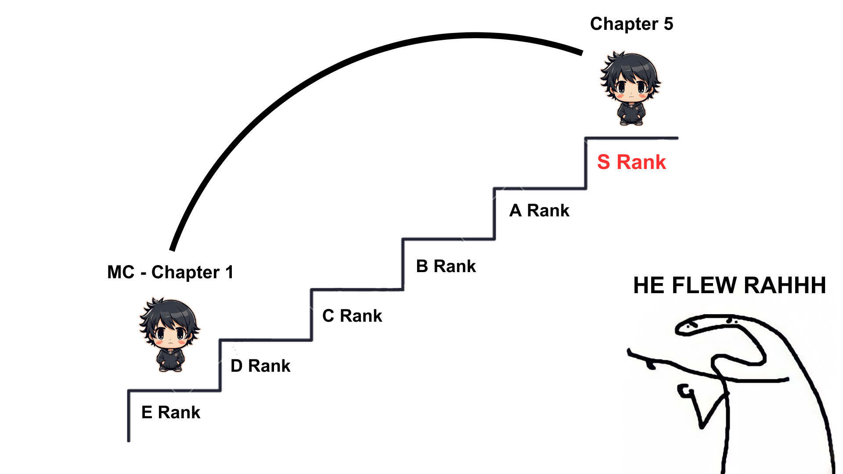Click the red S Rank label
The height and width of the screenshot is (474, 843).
point(631,162)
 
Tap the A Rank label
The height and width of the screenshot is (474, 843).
point(539,211)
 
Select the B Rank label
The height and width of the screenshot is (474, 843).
point(446,266)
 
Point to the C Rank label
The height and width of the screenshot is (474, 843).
point(352,316)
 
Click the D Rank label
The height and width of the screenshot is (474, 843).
point(260,366)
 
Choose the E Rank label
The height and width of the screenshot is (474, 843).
point(171,413)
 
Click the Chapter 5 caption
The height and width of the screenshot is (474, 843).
point(631,24)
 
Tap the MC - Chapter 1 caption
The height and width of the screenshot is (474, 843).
point(170,273)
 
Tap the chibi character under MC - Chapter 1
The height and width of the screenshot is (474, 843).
point(169,335)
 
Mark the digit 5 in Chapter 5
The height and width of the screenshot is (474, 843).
point(668,24)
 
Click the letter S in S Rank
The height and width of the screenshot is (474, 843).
point(604,162)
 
